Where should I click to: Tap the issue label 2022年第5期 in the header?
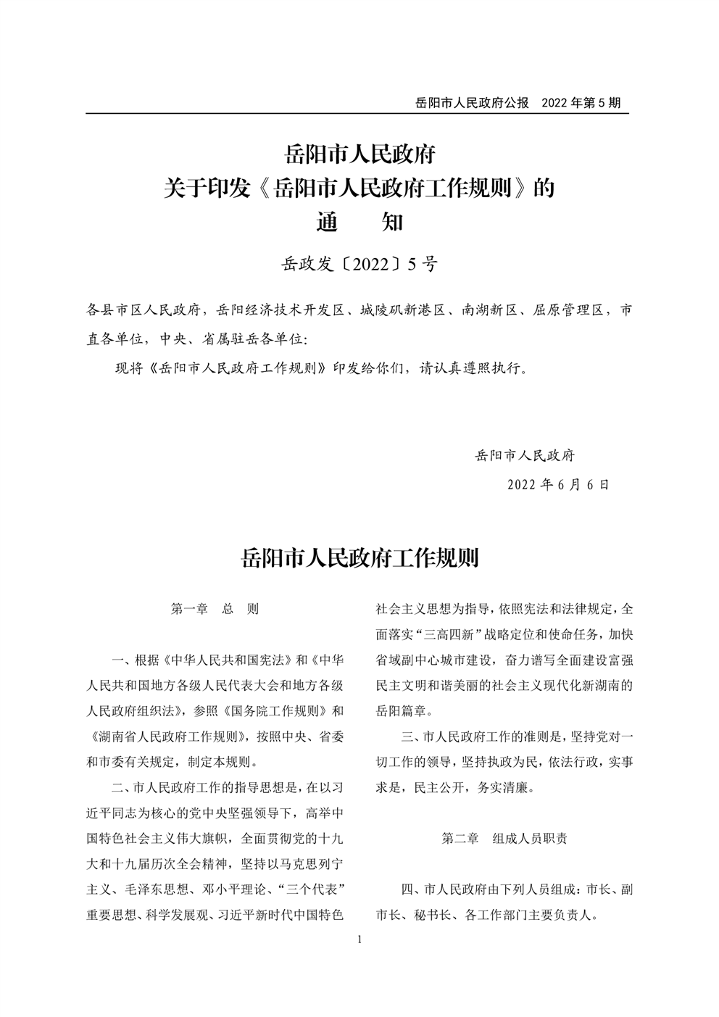[581, 103]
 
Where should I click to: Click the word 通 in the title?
[329, 221]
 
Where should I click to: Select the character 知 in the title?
[391, 221]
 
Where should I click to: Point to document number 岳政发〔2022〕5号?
[359, 265]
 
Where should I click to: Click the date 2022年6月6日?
[558, 484]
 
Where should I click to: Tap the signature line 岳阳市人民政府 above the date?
[525, 456]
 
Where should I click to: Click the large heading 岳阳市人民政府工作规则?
[359, 559]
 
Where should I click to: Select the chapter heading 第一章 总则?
[215, 609]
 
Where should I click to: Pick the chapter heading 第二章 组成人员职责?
[504, 839]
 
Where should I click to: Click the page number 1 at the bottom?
[359, 940]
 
